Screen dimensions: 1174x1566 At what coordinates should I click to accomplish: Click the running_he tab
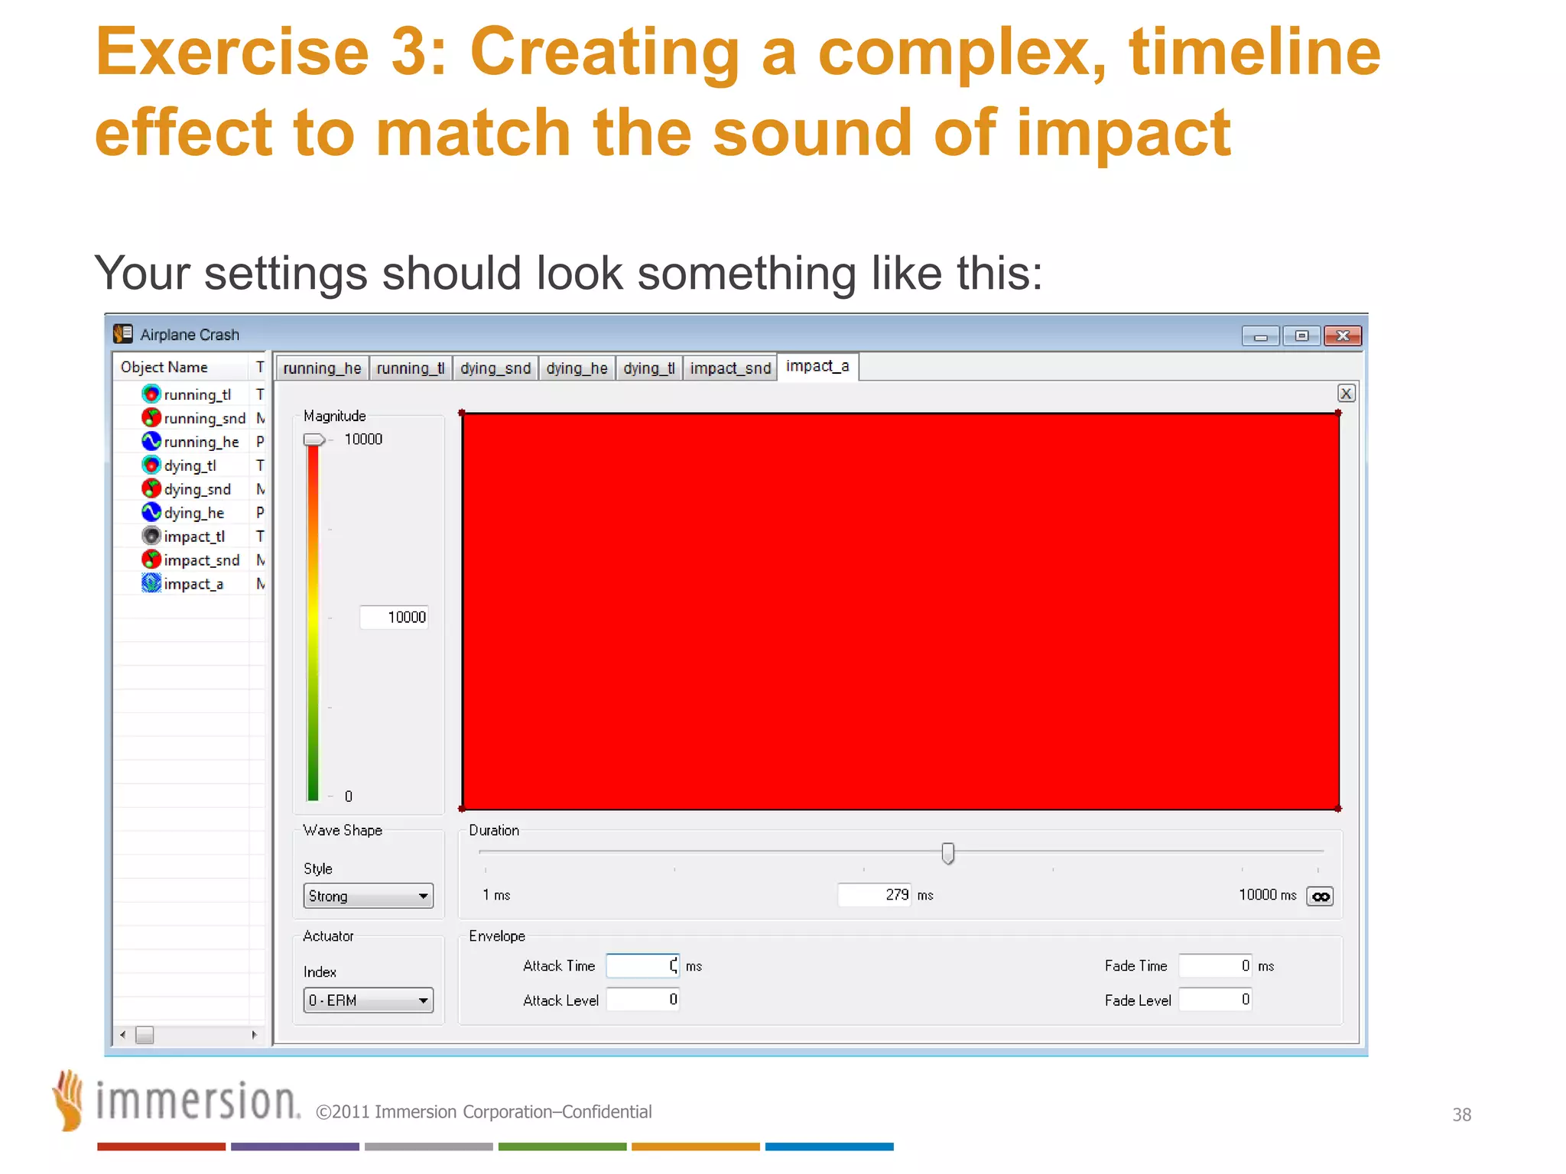pos(322,368)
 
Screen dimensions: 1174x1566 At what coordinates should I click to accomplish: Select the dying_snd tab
pos(495,368)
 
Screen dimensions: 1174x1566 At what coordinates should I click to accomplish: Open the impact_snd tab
pos(730,368)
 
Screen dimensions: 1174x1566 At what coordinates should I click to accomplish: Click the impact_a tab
pos(817,367)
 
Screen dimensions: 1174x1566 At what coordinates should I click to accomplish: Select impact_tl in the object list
pos(194,537)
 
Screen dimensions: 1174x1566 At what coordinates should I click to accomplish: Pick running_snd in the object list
pos(203,418)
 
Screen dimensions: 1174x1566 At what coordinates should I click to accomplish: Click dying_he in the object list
pos(193,513)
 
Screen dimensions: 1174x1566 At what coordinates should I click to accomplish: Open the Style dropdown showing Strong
pos(368,896)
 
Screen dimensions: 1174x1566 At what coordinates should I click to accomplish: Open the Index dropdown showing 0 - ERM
pos(368,1000)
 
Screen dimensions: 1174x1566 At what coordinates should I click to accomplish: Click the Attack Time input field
pos(642,966)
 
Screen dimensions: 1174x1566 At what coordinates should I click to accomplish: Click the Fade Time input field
pos(1214,966)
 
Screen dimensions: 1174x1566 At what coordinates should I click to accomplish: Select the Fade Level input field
pos(1214,1000)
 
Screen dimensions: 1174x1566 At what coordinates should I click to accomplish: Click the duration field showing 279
pos(874,895)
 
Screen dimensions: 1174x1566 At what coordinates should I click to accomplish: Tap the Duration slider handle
pos(947,853)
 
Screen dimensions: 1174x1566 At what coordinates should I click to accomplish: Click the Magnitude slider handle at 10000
pos(314,439)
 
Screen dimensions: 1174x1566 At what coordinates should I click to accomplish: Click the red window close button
pos(1342,336)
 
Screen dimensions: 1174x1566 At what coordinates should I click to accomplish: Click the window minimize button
pos(1260,336)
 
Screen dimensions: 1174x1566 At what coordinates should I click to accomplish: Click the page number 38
pos(1461,1114)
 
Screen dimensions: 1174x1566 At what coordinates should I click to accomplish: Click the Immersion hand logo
pos(69,1100)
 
